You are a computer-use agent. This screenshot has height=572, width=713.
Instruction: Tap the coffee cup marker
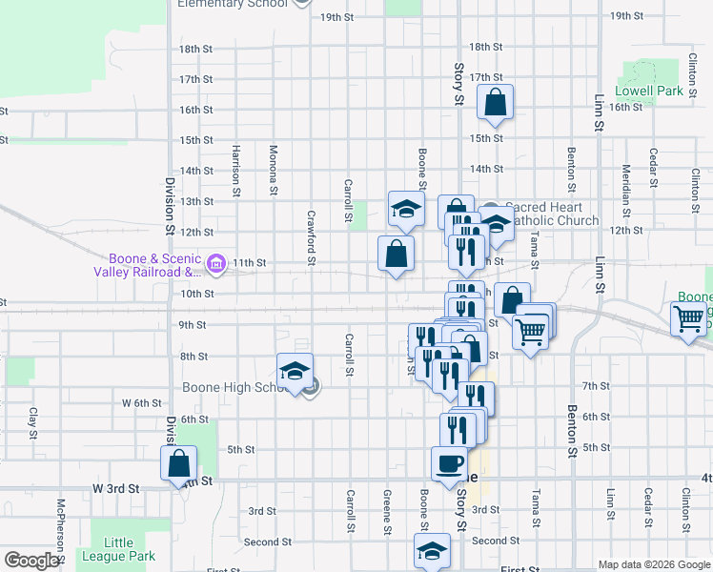[450, 464]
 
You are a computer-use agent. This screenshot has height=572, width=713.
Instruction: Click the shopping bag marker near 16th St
[496, 102]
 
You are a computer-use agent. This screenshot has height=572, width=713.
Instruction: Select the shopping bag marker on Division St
[179, 464]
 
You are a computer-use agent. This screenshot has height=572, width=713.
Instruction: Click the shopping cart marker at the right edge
[688, 319]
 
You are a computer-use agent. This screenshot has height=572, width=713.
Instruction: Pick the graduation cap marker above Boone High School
[295, 371]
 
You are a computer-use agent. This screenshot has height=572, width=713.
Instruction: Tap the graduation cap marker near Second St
[432, 551]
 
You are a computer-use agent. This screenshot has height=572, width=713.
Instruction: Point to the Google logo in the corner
[31, 561]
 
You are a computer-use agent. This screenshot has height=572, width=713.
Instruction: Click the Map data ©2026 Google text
[654, 564]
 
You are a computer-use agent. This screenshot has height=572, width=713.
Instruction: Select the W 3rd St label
[115, 488]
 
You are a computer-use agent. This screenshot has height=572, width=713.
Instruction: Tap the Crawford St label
[311, 235]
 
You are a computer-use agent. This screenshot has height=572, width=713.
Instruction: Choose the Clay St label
[32, 417]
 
